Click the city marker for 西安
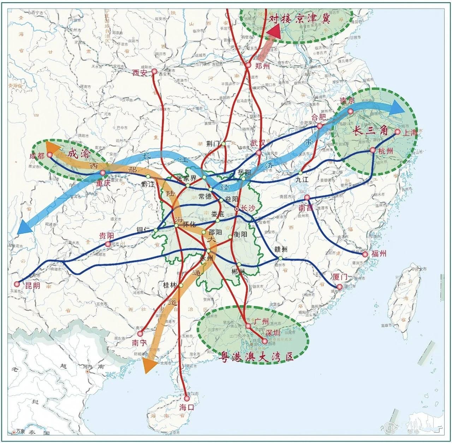[154, 71]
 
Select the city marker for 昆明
[17, 284]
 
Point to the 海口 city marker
[186, 399]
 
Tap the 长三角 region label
[370, 131]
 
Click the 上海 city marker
[397, 132]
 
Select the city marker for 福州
[365, 254]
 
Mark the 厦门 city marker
[339, 287]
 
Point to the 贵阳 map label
[106, 236]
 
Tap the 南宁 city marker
[140, 334]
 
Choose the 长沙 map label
[247, 208]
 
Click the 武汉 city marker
[259, 153]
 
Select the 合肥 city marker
[320, 126]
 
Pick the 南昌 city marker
[307, 197]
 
